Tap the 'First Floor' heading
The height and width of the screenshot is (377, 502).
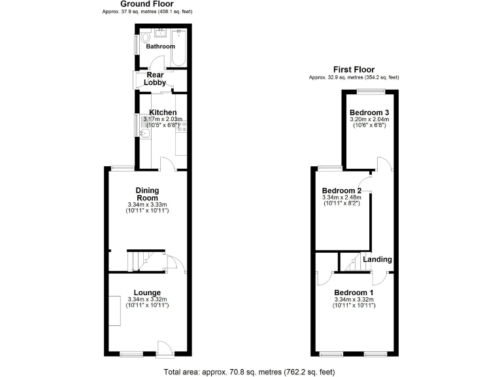point(354,69)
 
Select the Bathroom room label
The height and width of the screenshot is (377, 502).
point(160,46)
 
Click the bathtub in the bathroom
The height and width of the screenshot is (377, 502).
point(179,48)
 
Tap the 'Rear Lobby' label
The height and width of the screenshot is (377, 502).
point(155,79)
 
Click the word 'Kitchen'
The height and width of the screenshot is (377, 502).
point(163,113)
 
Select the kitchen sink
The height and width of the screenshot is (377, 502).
point(145,134)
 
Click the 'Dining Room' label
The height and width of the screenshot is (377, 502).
point(147,194)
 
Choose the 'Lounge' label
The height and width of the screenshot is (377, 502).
point(147,292)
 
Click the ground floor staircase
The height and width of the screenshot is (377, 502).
point(140,261)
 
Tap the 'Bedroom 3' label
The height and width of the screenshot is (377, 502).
point(369,112)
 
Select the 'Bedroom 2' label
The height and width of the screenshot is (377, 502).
point(342,190)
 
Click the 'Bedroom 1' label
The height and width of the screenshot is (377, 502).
point(354,292)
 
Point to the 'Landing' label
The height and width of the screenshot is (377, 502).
point(377,260)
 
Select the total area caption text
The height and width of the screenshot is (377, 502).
point(250,372)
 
